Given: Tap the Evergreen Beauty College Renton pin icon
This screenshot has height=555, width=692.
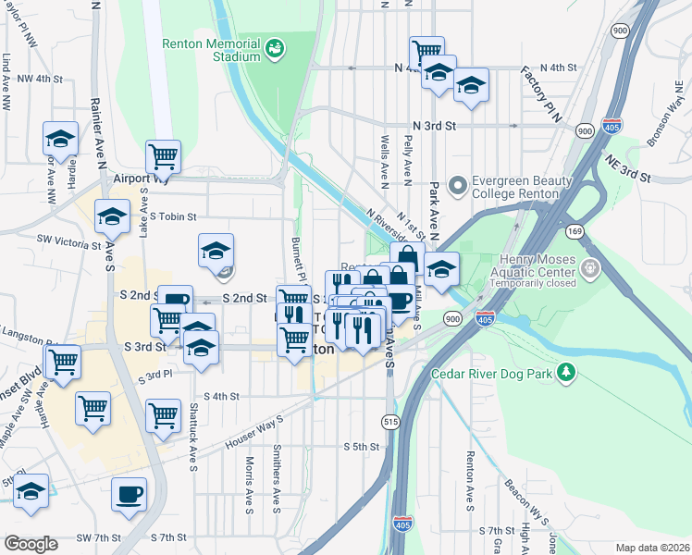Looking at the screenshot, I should pyautogui.click(x=456, y=186).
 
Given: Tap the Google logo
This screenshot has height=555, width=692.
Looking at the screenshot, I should pyautogui.click(x=31, y=544).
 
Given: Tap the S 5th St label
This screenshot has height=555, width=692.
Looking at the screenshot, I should pyautogui.click(x=361, y=447).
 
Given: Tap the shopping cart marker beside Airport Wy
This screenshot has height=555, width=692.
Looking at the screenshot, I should pyautogui.click(x=163, y=156).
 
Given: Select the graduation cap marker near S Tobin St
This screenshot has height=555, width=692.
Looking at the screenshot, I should pyautogui.click(x=112, y=216).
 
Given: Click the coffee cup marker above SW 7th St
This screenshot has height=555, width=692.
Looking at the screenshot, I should pyautogui.click(x=129, y=493).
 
